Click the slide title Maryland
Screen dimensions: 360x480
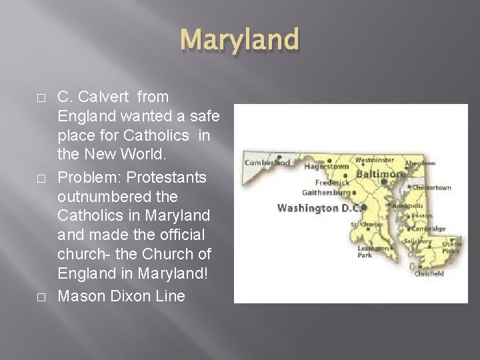point(239,39)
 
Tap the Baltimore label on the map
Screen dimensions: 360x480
point(381,174)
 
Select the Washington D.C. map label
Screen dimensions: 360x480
point(319,208)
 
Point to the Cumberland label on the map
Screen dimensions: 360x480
point(267,162)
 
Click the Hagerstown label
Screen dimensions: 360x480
point(326,167)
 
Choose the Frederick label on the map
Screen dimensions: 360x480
point(332,183)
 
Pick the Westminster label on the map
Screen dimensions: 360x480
point(374,160)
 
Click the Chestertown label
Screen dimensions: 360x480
point(432,188)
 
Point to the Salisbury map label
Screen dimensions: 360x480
point(417,241)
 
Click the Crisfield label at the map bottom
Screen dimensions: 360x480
point(429,273)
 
